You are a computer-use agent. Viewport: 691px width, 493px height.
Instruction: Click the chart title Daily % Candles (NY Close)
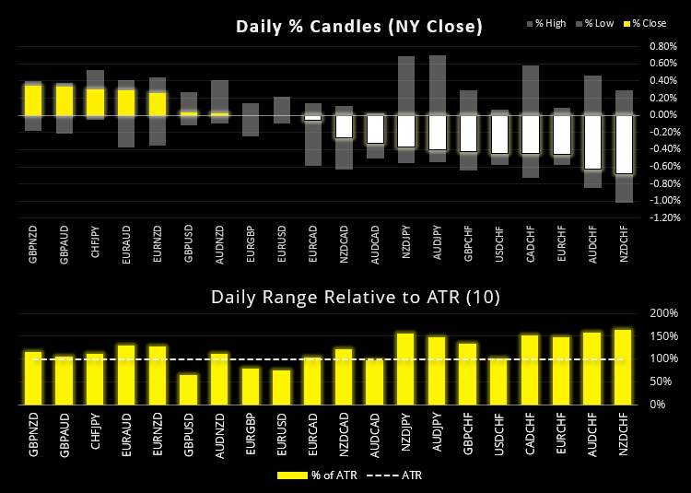[x=358, y=27]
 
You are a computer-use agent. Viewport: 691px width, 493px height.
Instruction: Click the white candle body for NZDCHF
[x=624, y=144]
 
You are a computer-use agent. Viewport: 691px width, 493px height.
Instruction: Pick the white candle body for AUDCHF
[x=592, y=142]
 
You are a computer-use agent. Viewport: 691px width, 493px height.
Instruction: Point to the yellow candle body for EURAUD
[x=126, y=102]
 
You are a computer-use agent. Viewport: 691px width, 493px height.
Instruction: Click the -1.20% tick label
[x=662, y=217]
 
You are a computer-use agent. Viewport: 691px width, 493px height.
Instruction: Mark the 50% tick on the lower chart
[x=662, y=381]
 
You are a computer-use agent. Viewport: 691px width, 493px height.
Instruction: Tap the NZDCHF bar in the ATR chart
[x=624, y=367]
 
